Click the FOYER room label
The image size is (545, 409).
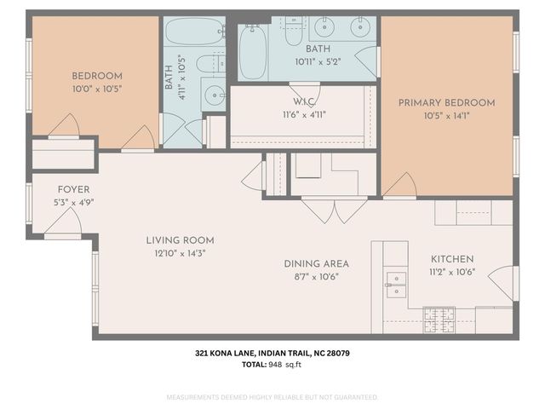tap(73, 189)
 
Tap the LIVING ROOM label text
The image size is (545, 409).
tap(180, 240)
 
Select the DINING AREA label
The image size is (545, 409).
tap(317, 263)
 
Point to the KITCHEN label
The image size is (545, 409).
tap(452, 259)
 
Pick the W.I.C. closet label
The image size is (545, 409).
tap(304, 103)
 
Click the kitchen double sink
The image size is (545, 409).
tap(396, 284)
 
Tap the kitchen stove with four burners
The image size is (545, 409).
tap(439, 320)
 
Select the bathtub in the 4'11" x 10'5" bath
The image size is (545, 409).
tap(193, 32)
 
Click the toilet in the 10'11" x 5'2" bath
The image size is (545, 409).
tap(294, 32)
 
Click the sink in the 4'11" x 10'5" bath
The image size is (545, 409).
tap(213, 94)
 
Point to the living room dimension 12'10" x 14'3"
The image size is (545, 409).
tap(180, 253)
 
